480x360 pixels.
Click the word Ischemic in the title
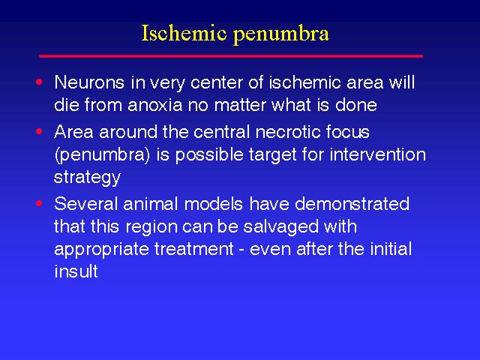(x=184, y=33)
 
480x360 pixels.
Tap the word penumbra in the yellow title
(x=281, y=35)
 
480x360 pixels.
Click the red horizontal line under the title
(x=231, y=56)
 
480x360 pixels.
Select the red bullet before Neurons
(x=39, y=82)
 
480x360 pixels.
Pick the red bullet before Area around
(x=39, y=131)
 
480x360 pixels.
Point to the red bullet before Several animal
(x=39, y=203)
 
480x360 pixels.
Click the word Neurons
(x=89, y=82)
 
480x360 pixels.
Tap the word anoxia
(x=155, y=105)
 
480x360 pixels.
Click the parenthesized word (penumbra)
(x=102, y=155)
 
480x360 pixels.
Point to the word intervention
(x=378, y=154)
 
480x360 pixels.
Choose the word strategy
(x=87, y=178)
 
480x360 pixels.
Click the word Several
(x=86, y=203)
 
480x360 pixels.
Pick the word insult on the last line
(x=76, y=271)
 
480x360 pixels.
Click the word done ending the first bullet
(x=356, y=105)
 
